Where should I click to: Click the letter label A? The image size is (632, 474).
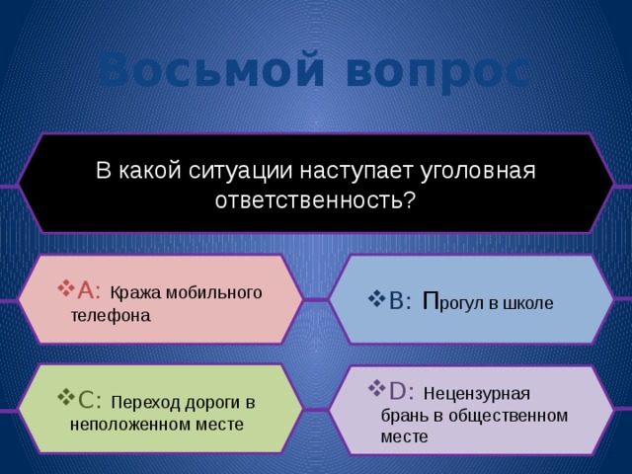(x=89, y=289)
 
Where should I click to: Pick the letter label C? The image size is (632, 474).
(x=89, y=399)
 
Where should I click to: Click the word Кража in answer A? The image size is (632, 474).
(x=132, y=292)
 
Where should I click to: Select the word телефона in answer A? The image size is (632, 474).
(x=111, y=316)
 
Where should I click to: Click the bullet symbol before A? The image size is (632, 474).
(x=66, y=289)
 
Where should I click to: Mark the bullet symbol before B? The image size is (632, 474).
(x=375, y=302)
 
